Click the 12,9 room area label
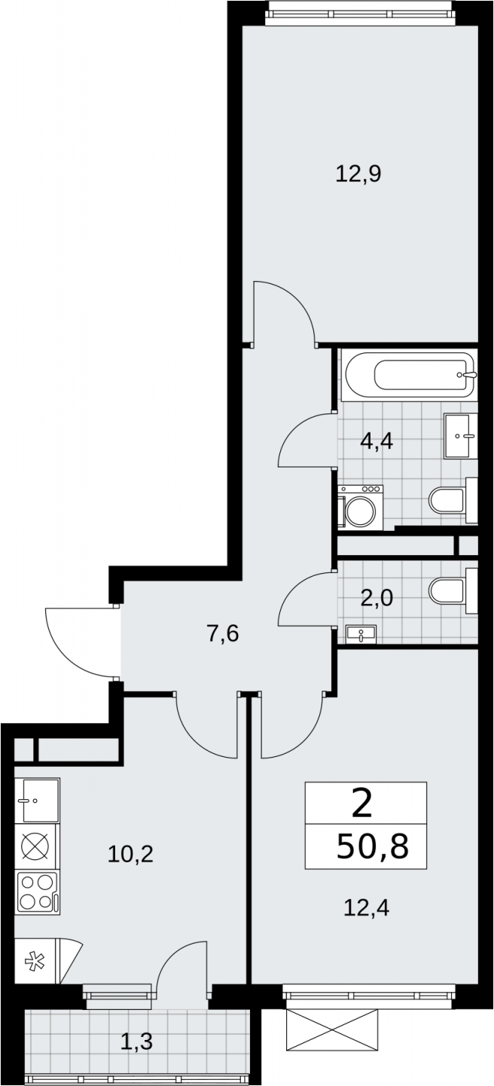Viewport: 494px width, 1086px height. [358, 173]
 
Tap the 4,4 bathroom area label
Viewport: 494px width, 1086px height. [377, 441]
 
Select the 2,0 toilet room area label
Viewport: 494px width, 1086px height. [377, 599]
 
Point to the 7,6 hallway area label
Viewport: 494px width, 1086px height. [223, 633]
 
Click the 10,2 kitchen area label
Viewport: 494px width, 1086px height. [130, 854]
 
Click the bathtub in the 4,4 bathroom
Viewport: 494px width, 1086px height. [409, 377]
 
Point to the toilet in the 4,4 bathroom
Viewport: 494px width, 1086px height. [454, 500]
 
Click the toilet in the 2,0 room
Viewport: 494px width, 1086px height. [454, 591]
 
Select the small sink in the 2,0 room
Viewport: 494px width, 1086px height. [361, 633]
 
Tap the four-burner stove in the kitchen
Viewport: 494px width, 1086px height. [37, 892]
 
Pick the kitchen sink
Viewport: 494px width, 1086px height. [37, 801]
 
